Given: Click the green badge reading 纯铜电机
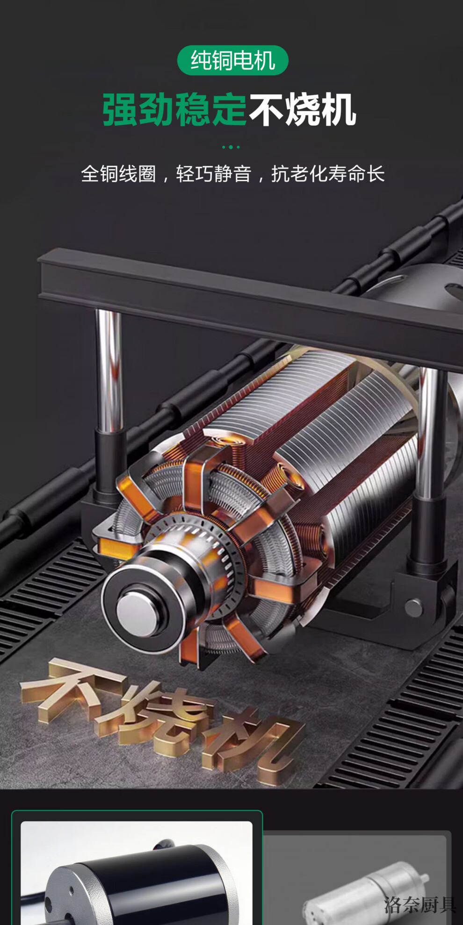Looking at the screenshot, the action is pos(232,60).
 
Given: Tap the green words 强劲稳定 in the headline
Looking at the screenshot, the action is pos(174,110).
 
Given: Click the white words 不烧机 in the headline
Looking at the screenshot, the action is pos(303,110).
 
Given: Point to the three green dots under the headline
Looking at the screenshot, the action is pos(231,147).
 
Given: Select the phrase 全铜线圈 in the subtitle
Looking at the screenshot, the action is pos(118,174).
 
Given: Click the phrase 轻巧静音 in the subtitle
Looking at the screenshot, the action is pos(214,174).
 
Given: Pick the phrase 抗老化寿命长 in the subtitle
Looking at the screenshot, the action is pos(328,174).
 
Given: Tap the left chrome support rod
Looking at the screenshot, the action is pos(109,369).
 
